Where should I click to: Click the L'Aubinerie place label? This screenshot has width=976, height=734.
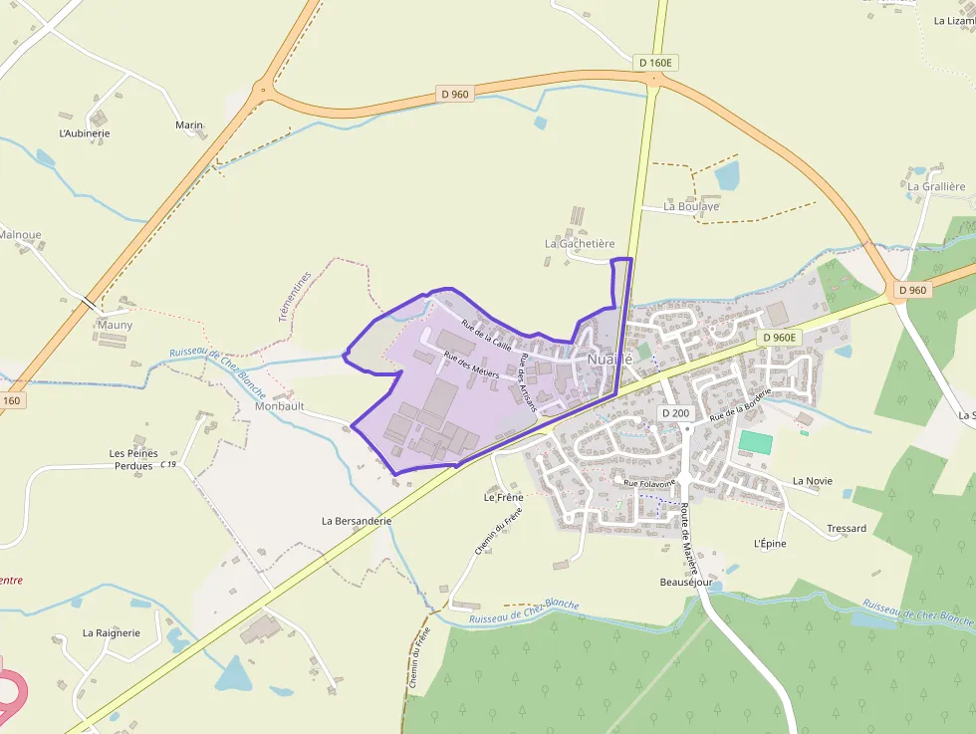pos(85,133)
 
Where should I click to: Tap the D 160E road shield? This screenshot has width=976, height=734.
pos(655,63)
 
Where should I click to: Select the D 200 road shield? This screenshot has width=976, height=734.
pos(675,413)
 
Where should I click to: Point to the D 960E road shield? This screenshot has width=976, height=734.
pos(779,338)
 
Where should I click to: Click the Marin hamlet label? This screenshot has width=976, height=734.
pos(189,125)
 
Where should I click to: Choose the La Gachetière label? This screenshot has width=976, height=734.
pos(580,243)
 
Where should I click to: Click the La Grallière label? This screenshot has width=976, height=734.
pos(936,186)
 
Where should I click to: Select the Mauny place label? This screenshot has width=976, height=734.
pos(115,325)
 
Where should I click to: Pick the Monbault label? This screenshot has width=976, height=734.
pos(279,407)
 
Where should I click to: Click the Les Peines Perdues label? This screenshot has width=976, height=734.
pos(133,459)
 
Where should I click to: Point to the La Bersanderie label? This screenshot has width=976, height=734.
pos(357,520)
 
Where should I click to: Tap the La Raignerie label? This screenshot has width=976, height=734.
pos(112,632)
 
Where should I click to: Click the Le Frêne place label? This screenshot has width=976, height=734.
pos(503,497)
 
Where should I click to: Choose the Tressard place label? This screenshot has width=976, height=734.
pos(847,528)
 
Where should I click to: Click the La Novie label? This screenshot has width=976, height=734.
pos(812,481)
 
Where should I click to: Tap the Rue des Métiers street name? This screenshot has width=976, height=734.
pos(471,367)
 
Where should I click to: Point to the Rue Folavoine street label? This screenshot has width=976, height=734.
pos(649,483)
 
